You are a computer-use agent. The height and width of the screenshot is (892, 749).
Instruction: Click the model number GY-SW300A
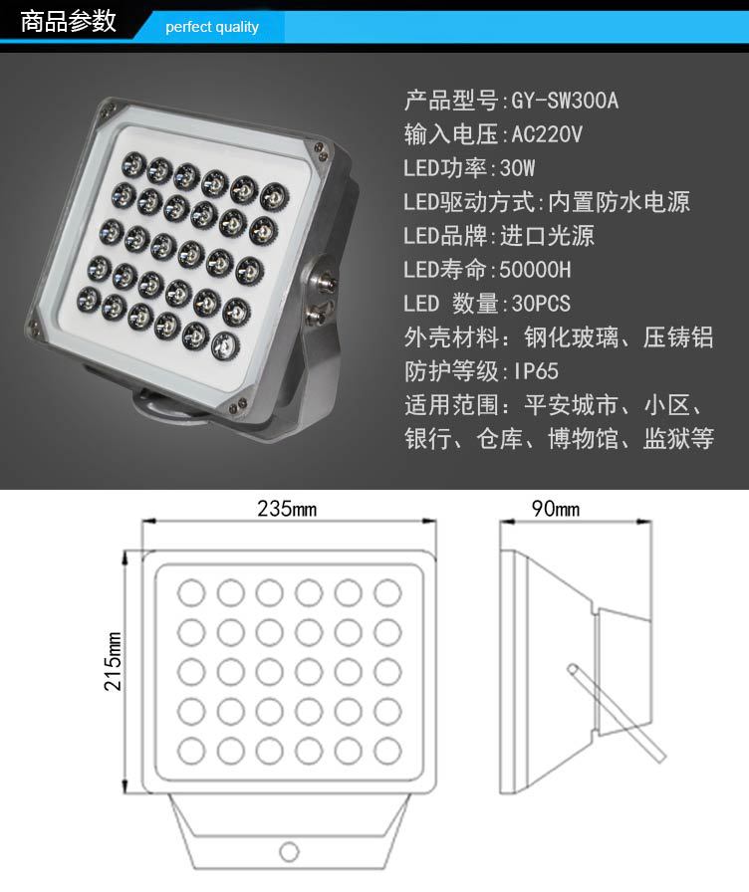coord(564,101)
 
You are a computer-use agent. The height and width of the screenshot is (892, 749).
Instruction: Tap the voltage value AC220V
coord(547,134)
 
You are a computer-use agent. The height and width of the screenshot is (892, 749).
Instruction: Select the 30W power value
coord(517,168)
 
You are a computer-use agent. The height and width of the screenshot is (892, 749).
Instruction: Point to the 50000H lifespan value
coord(535,270)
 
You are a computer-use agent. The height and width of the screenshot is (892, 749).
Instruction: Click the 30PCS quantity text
coord(541,304)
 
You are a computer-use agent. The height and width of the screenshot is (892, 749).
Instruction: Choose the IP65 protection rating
coord(536,371)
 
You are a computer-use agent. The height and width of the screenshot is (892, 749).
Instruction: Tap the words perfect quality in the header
coord(212,27)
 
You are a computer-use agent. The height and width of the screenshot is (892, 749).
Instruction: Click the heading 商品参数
coord(69,22)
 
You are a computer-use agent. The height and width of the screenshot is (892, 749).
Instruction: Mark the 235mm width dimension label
coord(287,508)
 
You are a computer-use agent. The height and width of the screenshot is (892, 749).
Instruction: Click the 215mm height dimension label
coord(113,661)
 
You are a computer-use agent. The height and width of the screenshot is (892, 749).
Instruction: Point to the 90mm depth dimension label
coord(556,508)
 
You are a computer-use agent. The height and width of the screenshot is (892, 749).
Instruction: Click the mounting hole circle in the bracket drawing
coord(289,851)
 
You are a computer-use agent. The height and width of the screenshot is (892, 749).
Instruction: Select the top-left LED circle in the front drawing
coord(191,592)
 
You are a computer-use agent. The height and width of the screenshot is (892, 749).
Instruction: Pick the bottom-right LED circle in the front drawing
coord(387,751)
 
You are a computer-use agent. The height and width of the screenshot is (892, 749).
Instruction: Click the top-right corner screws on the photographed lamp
coord(318,150)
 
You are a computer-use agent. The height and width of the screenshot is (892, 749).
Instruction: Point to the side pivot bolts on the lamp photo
coord(321,294)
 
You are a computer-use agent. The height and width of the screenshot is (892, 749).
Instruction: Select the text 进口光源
coord(547,236)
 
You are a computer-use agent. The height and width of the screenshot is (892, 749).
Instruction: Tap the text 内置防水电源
coord(619,202)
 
